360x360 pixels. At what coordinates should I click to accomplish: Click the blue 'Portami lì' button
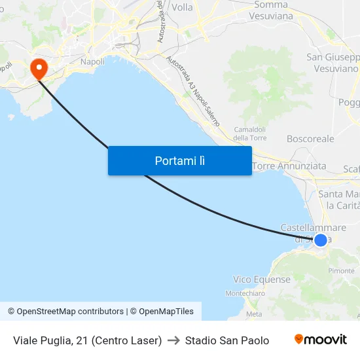tap(180, 160)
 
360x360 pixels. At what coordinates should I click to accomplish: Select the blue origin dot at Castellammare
tap(321, 240)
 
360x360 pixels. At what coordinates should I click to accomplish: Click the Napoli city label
tap(92, 62)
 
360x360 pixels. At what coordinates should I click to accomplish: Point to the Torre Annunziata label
tap(289, 166)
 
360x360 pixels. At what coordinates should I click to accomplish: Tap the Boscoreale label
tap(310, 139)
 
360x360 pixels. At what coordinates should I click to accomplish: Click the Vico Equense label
tap(262, 279)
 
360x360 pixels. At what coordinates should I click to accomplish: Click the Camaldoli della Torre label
tap(249, 134)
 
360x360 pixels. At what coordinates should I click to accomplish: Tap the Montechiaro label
tap(245, 294)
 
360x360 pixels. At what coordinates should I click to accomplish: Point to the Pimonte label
tap(342, 271)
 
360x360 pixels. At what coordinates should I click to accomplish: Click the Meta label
tap(253, 314)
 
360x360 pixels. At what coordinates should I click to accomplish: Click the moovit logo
tap(320, 340)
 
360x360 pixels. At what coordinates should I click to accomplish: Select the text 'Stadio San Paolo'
tap(227, 340)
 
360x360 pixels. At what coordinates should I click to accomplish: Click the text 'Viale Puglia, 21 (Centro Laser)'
tap(87, 340)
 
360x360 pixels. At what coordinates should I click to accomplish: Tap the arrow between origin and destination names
tap(173, 340)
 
